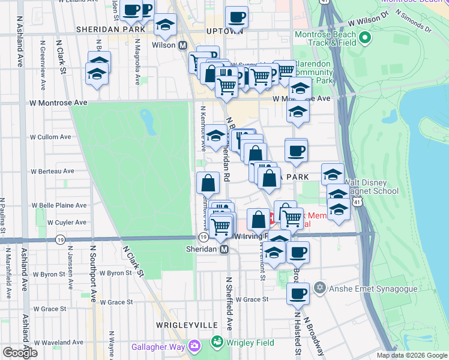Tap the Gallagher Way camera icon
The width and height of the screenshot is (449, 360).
coord(194,345)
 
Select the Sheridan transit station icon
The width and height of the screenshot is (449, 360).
coord(224,249)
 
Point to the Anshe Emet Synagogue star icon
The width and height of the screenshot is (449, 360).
coord(320,286)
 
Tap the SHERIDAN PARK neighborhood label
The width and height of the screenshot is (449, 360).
coord(110,29)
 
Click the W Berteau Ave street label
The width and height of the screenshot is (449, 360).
coord(52,171)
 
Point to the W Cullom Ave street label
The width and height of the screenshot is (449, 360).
coord(51,137)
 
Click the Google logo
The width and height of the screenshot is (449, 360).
coord(20,352)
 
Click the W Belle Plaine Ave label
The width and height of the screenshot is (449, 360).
coord(59,205)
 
